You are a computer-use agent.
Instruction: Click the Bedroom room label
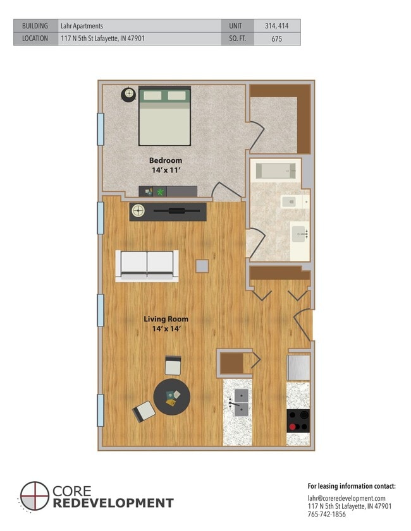pyautogui.click(x=165, y=160)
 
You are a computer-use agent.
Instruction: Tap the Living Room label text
pyautogui.click(x=165, y=319)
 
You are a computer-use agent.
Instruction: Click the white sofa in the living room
pyautogui.click(x=147, y=265)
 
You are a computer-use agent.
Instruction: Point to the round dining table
pyautogui.click(x=171, y=397)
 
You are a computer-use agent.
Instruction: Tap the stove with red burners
pyautogui.click(x=298, y=420)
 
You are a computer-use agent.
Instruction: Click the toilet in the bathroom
pyautogui.click(x=290, y=201)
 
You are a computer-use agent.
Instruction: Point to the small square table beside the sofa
pyautogui.click(x=202, y=266)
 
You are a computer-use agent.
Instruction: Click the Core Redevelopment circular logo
pyautogui.click(x=34, y=496)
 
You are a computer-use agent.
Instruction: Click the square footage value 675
pyautogui.click(x=276, y=39)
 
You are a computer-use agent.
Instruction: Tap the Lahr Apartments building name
pyautogui.click(x=82, y=26)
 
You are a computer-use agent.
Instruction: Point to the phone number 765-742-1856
pyautogui.click(x=327, y=515)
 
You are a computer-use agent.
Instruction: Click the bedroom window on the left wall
pyautogui.click(x=100, y=129)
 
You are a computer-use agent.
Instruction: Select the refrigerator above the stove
pyautogui.click(x=298, y=367)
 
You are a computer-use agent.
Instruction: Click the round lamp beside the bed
pyautogui.click(x=129, y=94)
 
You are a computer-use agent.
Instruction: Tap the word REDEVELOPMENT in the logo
pyautogui.click(x=114, y=503)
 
